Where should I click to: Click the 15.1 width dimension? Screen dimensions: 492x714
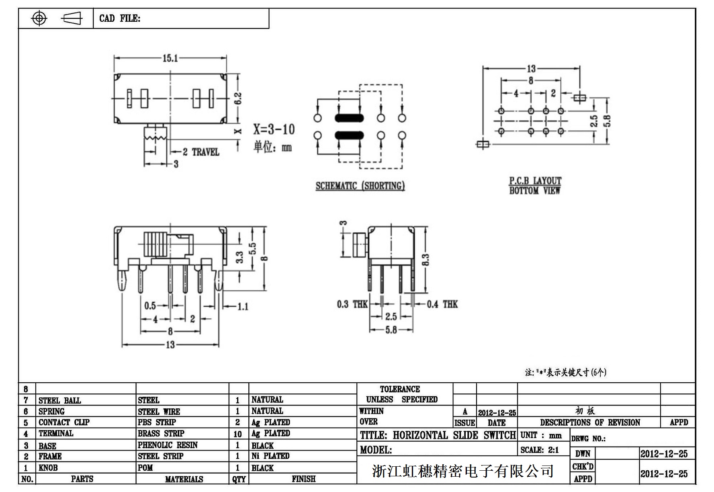pyautogui.click(x=170, y=58)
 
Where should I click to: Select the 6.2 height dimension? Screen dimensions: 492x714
pyautogui.click(x=238, y=98)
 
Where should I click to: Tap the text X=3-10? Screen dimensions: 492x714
pyautogui.click(x=274, y=129)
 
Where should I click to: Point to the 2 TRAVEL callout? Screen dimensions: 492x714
pyautogui.click(x=201, y=152)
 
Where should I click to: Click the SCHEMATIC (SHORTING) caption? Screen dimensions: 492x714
pyautogui.click(x=360, y=186)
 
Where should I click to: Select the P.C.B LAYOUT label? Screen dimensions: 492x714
pyautogui.click(x=535, y=181)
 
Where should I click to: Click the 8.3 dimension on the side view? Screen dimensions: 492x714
pyautogui.click(x=426, y=260)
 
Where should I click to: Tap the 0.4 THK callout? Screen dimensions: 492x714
pyautogui.click(x=442, y=304)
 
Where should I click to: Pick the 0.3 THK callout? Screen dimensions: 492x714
pyautogui.click(x=352, y=304)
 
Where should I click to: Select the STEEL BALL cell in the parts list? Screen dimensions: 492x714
pyautogui.click(x=60, y=400)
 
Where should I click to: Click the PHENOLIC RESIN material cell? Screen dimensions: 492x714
pyautogui.click(x=168, y=445)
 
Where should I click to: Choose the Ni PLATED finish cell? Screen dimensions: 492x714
pyautogui.click(x=270, y=456)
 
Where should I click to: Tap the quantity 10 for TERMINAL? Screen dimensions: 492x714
pyautogui.click(x=237, y=434)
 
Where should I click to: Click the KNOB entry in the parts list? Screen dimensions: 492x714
pyautogui.click(x=48, y=467)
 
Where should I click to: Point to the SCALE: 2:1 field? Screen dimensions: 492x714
pyautogui.click(x=540, y=450)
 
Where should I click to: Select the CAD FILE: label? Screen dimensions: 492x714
pyautogui.click(x=120, y=18)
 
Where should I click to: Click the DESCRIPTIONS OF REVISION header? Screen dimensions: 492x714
pyautogui.click(x=589, y=422)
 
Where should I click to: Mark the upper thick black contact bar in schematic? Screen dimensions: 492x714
pyautogui.click(x=349, y=118)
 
